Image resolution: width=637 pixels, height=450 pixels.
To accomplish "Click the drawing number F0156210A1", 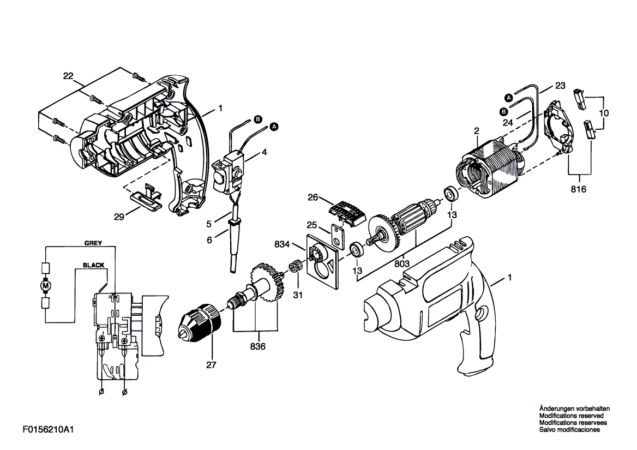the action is point(48,430).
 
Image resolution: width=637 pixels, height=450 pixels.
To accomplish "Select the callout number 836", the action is point(257,346).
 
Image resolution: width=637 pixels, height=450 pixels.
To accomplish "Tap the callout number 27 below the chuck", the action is point(211,365).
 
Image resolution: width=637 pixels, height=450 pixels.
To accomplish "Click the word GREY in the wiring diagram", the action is point(93,243).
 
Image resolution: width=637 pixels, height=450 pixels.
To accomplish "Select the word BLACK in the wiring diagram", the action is point(93,265).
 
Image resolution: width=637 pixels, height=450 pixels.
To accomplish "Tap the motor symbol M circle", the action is point(45,286).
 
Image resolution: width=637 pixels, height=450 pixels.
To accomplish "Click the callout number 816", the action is point(579,189).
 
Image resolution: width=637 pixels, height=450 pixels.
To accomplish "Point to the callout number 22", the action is point(68,75).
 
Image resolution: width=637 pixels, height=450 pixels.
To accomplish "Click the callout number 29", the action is point(119,217).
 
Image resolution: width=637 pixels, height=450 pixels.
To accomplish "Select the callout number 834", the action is point(282,244).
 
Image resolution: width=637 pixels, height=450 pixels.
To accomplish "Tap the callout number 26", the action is point(313,198).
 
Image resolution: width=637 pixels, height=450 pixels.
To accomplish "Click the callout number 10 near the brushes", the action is point(604,113).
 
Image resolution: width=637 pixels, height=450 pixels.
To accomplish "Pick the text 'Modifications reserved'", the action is point(571,416).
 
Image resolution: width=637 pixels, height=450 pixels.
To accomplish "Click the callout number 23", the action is point(560,86).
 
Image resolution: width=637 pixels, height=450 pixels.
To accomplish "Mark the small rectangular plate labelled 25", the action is point(338,237).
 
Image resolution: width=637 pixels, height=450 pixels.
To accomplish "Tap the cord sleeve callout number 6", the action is point(209,241).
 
